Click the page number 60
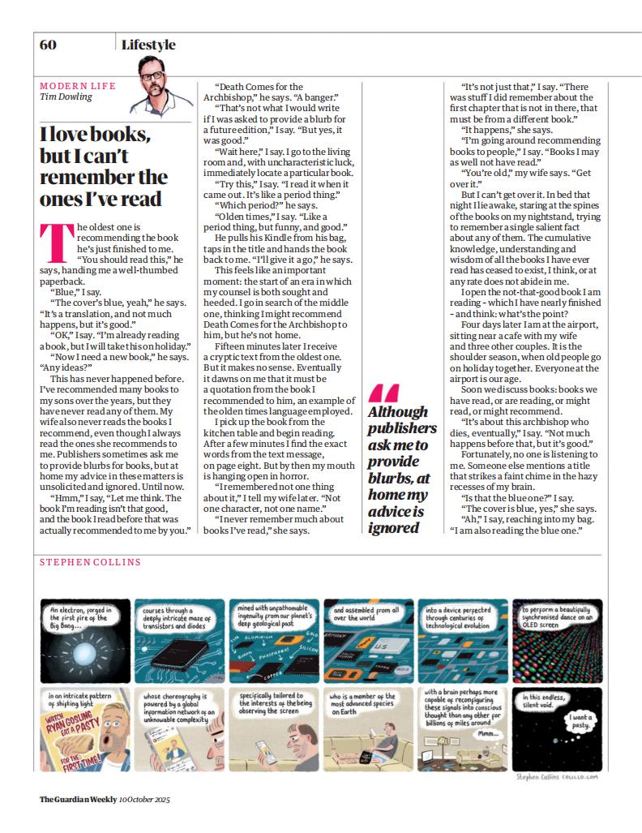[x=48, y=45]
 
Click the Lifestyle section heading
[x=148, y=45]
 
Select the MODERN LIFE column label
[x=78, y=85]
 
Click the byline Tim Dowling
[x=66, y=97]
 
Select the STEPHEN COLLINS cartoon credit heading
[x=89, y=562]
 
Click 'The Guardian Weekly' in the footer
[x=75, y=799]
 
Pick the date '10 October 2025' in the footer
[x=143, y=799]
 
